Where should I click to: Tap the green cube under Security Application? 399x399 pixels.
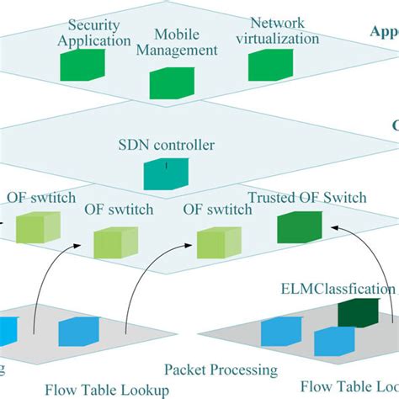point(83,66)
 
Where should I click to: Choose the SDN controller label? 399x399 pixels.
point(166,145)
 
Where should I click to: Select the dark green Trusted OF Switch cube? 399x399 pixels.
point(299,228)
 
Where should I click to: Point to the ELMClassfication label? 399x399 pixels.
point(337,289)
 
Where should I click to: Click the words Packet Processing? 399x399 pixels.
point(221,370)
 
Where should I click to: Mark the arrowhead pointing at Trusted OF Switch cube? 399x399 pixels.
point(336,225)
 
